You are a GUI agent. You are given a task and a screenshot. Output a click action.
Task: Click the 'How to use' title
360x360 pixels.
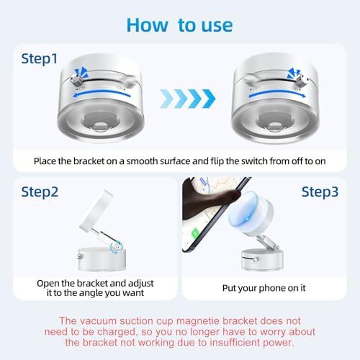click(x=179, y=25)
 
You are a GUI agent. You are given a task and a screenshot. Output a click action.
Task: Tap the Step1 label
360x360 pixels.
click(x=40, y=58)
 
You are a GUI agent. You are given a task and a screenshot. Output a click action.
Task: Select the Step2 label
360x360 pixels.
click(x=40, y=192)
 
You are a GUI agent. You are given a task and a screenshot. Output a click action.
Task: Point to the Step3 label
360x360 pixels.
click(x=320, y=192)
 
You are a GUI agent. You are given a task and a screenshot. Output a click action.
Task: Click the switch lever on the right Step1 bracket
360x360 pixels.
click(x=302, y=80)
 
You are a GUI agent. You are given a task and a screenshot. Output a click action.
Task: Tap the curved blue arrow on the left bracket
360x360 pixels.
click(x=102, y=93)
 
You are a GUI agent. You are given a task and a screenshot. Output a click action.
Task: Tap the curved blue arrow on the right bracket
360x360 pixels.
click(x=277, y=93)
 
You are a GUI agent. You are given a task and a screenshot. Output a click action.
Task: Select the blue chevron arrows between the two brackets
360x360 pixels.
click(x=188, y=99)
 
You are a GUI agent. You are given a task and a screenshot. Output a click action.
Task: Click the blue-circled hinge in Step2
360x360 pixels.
click(x=117, y=247)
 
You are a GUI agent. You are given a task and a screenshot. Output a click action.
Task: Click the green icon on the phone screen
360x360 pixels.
click(x=195, y=233)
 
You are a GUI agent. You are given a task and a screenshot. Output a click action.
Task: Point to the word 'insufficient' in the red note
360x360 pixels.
click(x=234, y=343)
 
